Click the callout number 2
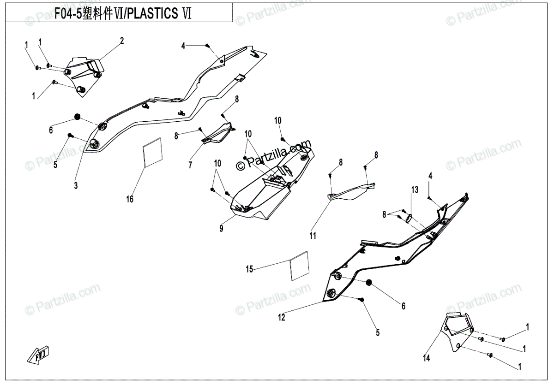[x=122, y=41]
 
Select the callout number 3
[x=76, y=185]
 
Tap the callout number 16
[x=130, y=199]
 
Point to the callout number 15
[x=249, y=269]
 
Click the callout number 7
[x=190, y=165]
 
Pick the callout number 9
[x=221, y=228]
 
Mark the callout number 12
[x=282, y=317]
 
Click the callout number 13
[x=414, y=190]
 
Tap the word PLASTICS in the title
[x=153, y=14]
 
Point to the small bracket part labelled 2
[x=85, y=71]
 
